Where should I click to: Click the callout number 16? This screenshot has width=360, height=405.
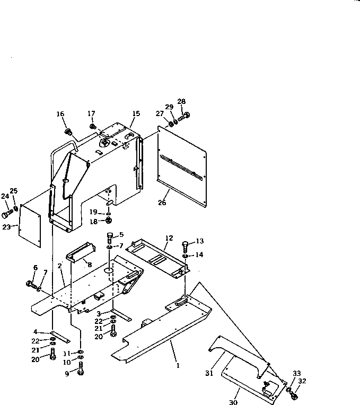click(60, 114)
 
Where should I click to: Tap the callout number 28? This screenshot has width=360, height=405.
click(181, 102)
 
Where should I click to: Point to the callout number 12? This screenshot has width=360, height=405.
click(169, 239)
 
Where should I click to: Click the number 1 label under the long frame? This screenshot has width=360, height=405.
click(178, 365)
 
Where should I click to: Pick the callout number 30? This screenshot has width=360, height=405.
click(233, 402)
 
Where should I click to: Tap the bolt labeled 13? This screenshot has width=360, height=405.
click(185, 246)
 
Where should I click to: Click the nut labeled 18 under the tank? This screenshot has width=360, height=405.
click(108, 220)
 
